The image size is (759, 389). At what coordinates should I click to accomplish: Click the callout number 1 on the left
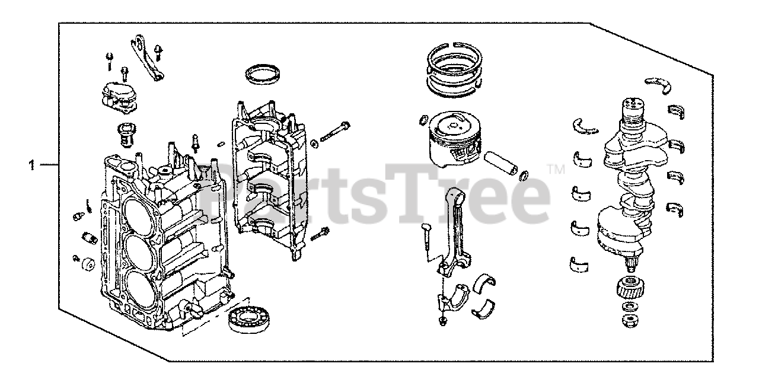pyautogui.click(x=32, y=165)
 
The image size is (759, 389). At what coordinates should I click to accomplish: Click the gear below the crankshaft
pyautogui.click(x=630, y=288)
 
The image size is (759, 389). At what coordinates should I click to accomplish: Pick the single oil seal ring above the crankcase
pyautogui.click(x=264, y=79)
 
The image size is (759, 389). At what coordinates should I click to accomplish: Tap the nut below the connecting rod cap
pyautogui.click(x=442, y=321)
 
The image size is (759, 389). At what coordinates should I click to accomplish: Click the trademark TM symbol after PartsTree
pyautogui.click(x=556, y=169)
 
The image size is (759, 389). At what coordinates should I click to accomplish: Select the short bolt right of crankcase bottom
pyautogui.click(x=320, y=234)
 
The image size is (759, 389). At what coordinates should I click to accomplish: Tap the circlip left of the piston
pyautogui.click(x=423, y=120)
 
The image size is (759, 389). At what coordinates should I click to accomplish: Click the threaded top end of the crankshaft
pyautogui.click(x=632, y=108)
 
